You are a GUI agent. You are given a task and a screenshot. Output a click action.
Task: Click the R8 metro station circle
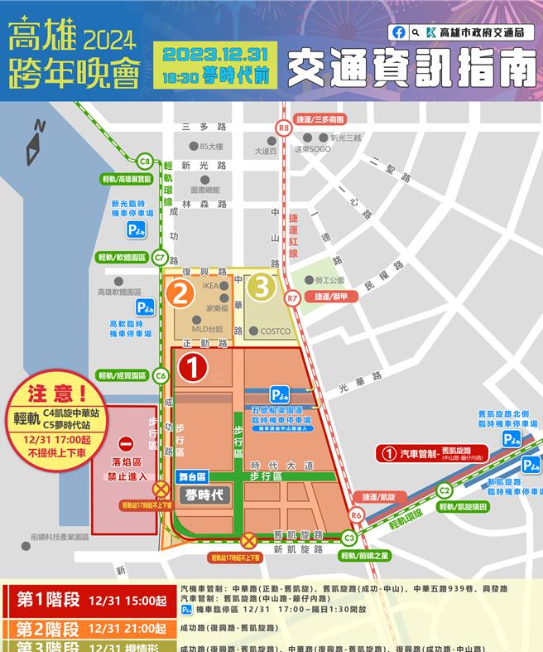pos(284,128)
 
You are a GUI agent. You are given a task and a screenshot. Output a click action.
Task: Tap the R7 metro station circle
pos(291,297)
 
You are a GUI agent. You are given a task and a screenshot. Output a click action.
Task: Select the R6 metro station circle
pos(356,514)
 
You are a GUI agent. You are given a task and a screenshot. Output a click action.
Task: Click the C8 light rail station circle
pos(145,162)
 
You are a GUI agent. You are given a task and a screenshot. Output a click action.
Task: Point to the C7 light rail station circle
pos(160,258)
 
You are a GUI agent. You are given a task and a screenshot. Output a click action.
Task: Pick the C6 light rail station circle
pos(161,375)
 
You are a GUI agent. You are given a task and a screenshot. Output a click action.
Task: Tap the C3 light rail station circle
pos(349,539)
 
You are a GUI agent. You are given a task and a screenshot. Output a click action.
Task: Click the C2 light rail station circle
pos(444,490)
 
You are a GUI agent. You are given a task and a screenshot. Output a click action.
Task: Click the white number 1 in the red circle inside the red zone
pos(193,369)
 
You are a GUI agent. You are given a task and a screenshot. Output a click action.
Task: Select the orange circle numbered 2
pos(183,292)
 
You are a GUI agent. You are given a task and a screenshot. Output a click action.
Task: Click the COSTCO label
pos(276,331)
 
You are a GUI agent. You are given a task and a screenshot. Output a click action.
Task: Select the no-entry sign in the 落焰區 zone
pos(124,445)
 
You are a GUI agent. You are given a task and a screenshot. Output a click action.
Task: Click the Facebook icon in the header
pos(400,32)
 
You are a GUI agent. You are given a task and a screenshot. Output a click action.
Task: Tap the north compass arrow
pos(36,144)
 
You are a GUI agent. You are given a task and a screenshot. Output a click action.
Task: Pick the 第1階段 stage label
pos(45,601)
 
